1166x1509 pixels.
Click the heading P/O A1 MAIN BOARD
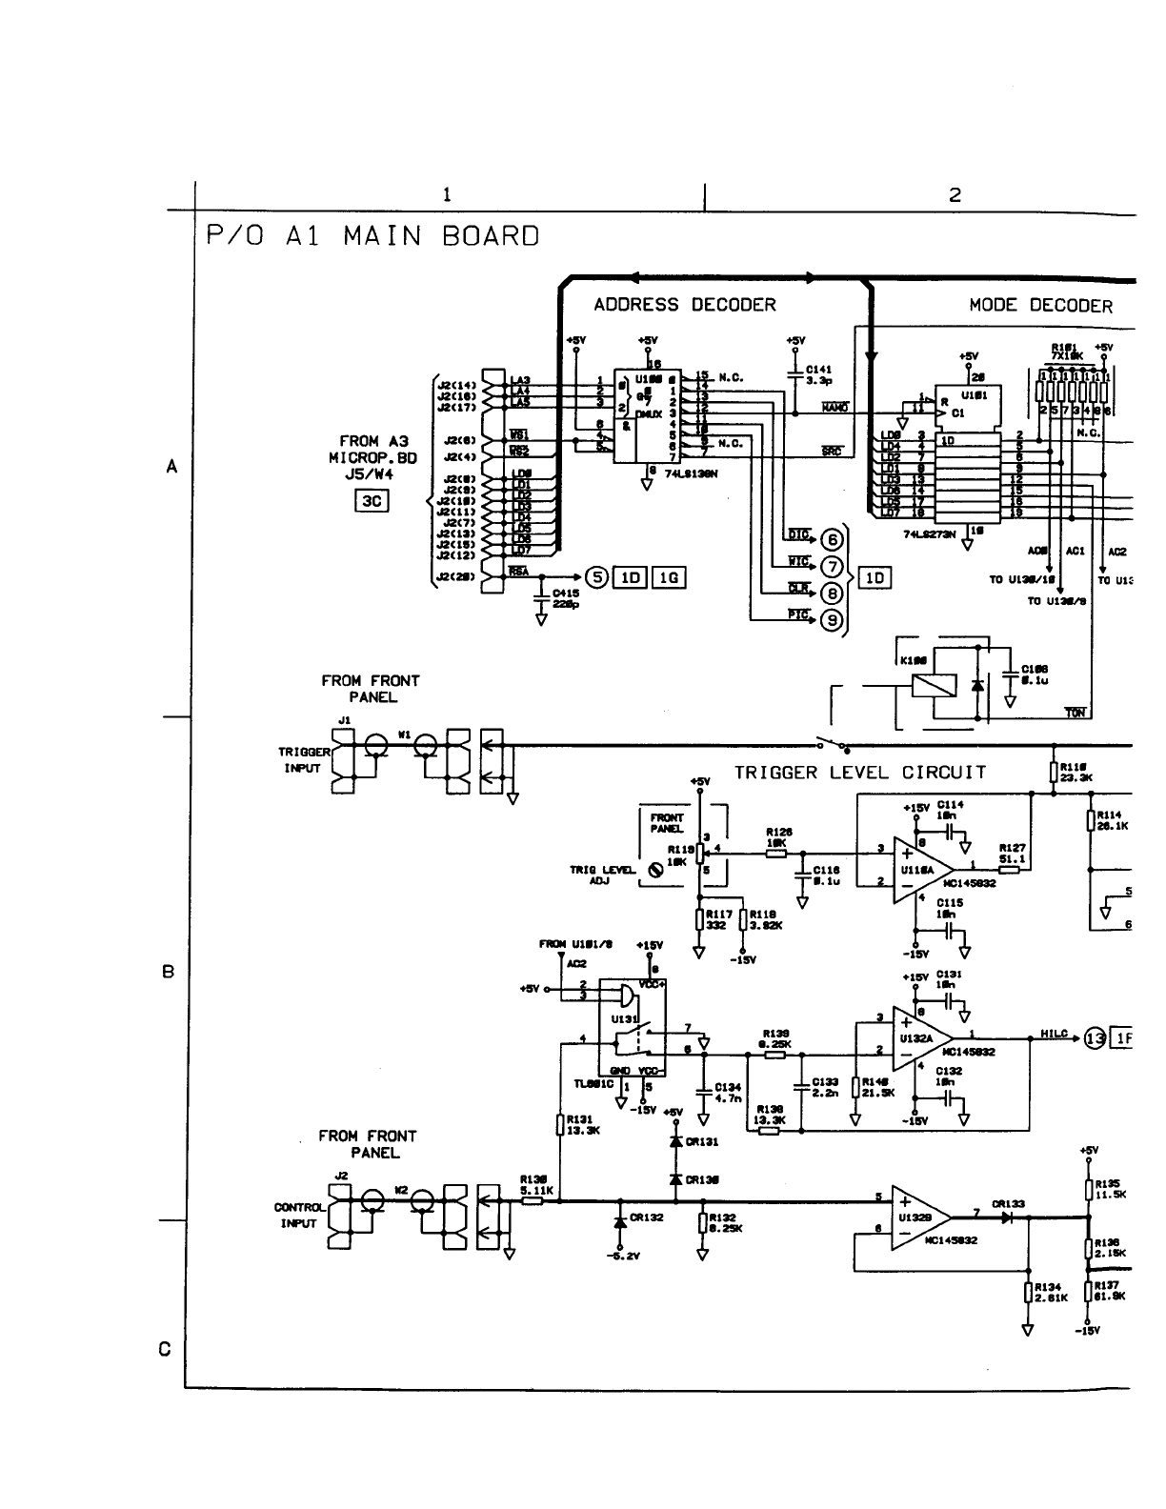372,235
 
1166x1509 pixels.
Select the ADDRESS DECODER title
684,305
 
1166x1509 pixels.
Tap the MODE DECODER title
1040,306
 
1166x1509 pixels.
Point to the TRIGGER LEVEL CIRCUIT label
859,773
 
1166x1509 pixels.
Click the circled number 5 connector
595,576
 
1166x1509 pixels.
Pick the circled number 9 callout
832,620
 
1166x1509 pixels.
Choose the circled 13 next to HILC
1096,1038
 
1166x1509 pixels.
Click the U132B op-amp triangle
918,1218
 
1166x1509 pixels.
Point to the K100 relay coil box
927,685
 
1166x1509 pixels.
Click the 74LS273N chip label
928,534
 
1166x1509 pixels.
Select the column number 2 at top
955,194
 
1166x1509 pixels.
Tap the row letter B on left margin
169,973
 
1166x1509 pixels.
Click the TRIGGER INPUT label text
303,759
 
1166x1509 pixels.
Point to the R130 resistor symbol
533,1201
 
